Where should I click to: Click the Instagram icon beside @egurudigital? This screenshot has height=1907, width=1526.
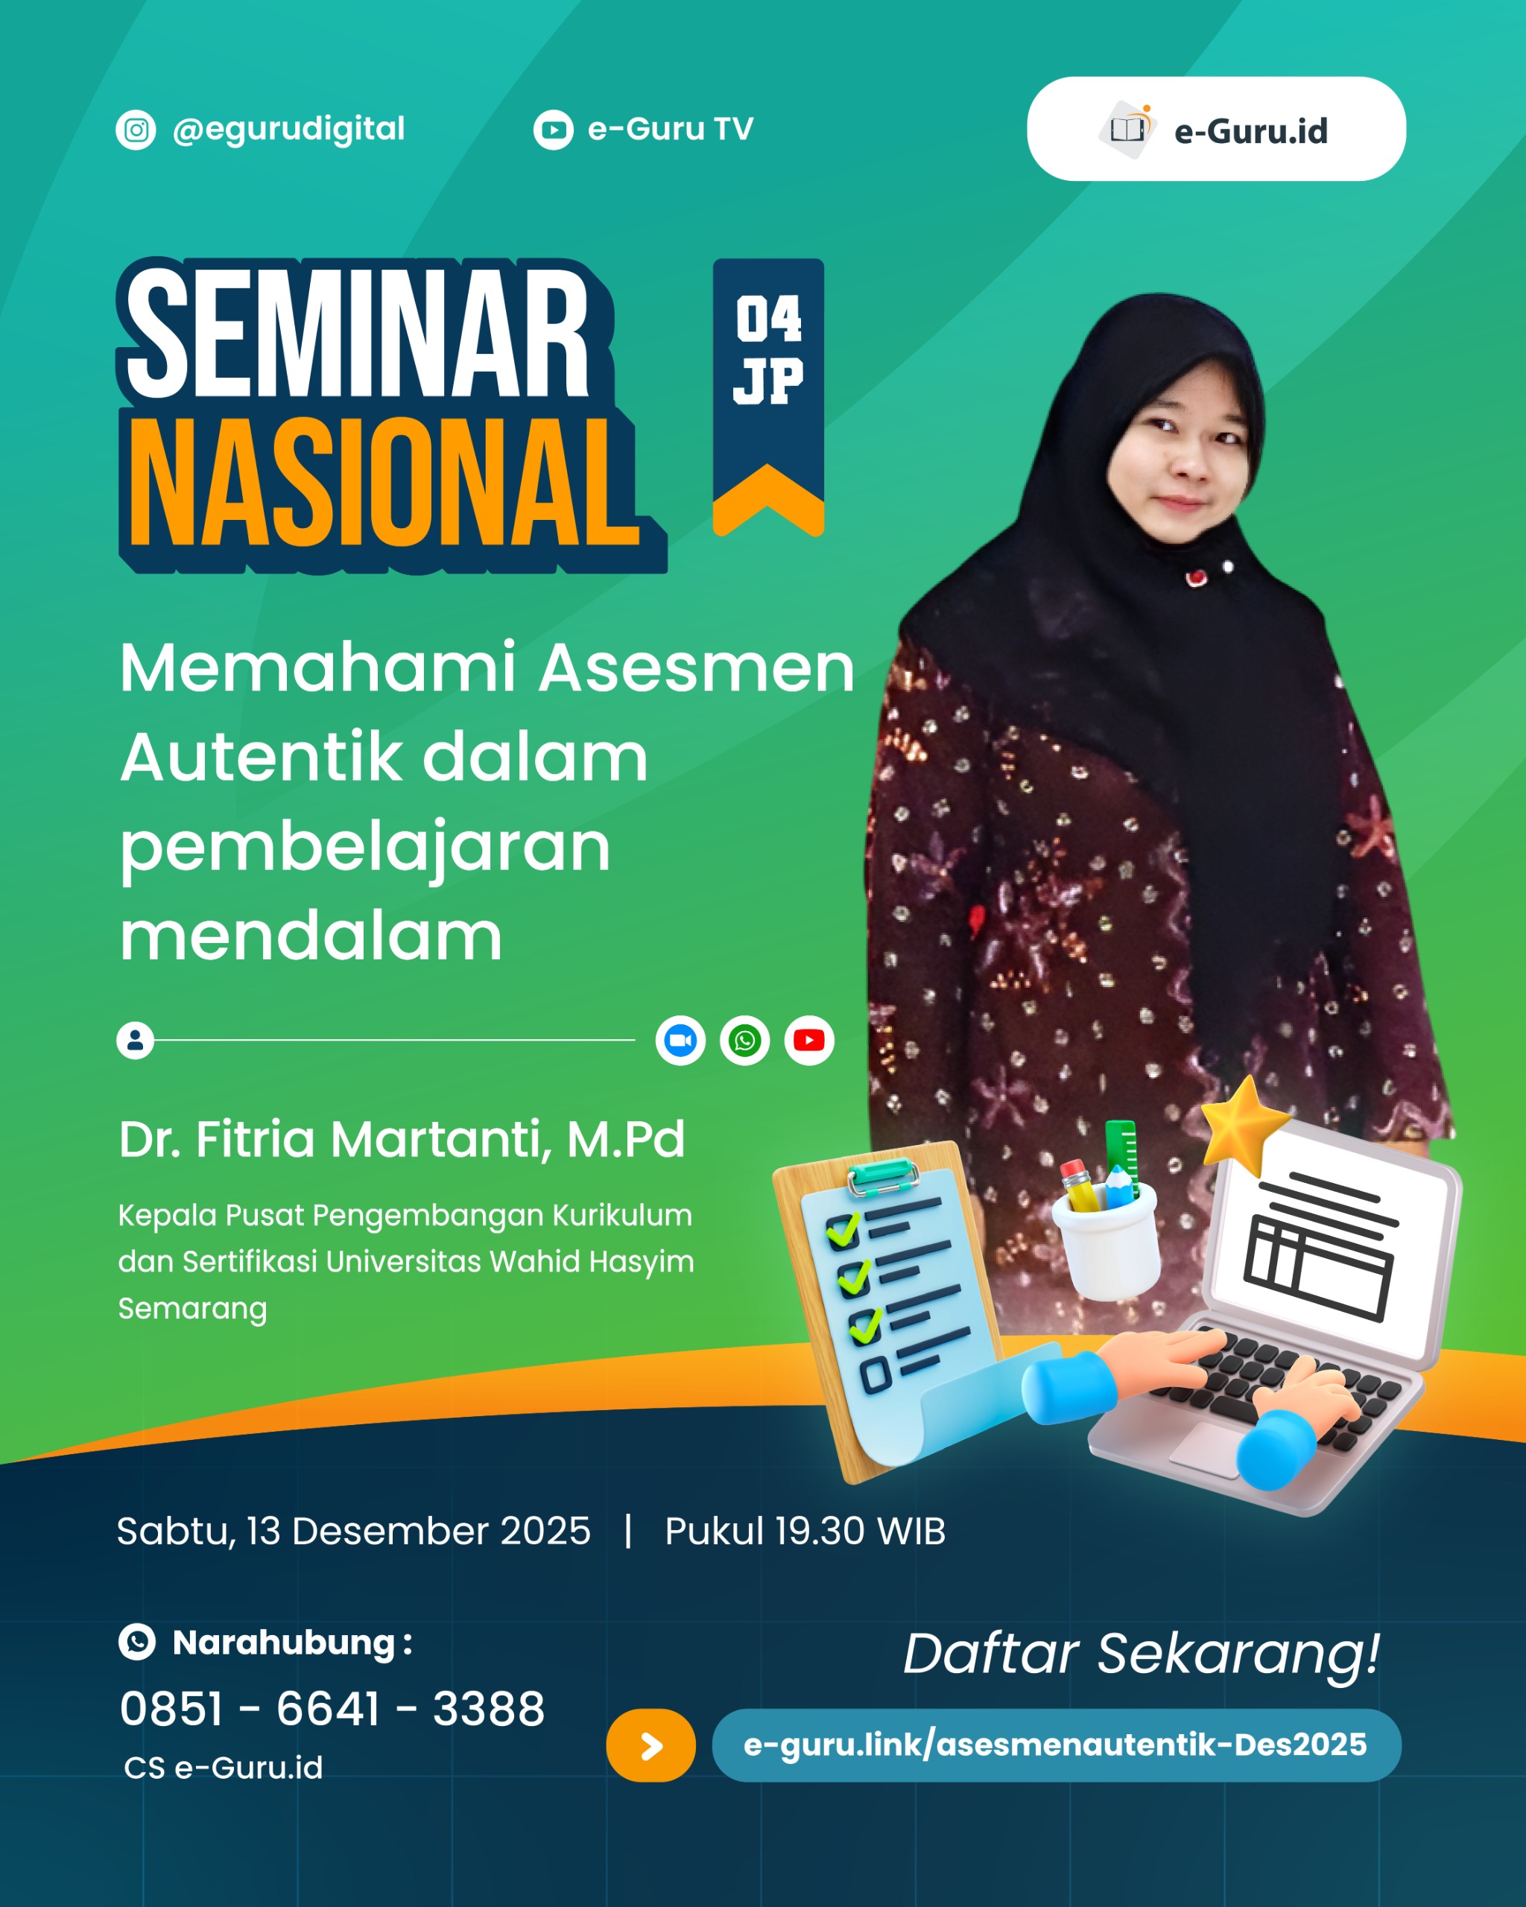tap(136, 130)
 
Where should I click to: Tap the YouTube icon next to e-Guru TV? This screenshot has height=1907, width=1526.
tap(553, 130)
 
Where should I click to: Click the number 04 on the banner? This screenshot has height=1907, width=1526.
tap(768, 320)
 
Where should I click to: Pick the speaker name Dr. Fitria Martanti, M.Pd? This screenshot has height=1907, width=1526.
tap(402, 1139)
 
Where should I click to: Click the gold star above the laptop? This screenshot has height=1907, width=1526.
tap(1246, 1124)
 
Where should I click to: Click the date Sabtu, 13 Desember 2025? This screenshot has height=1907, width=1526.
tap(353, 1531)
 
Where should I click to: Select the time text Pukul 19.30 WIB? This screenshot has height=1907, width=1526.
tap(805, 1531)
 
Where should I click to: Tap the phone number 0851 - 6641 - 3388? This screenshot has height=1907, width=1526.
tap(332, 1708)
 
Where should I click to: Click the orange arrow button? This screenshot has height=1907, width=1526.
tap(650, 1746)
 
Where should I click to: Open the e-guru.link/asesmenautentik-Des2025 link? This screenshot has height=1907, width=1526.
tap(1055, 1745)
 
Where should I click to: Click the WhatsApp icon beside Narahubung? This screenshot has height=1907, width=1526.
tap(137, 1643)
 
